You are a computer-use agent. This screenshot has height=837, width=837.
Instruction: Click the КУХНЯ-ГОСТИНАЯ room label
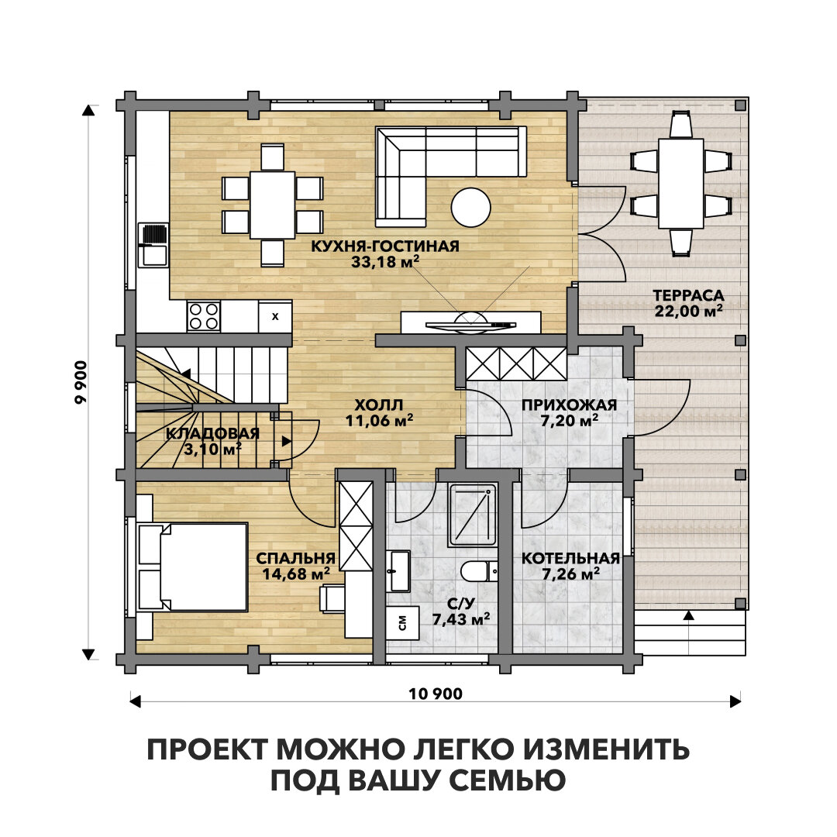click(385, 246)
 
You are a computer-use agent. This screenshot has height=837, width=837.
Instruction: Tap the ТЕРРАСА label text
click(689, 295)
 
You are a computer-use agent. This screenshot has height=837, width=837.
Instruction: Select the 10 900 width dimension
click(436, 694)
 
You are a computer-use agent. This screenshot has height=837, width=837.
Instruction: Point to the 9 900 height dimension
click(81, 383)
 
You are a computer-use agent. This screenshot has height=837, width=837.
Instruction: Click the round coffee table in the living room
click(471, 208)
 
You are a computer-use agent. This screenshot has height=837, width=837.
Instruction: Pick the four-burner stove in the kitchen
click(203, 316)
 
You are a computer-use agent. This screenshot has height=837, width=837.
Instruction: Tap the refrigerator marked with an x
click(275, 316)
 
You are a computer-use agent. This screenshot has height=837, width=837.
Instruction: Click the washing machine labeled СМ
click(402, 622)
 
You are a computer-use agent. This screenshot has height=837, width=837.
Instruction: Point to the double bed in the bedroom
click(193, 567)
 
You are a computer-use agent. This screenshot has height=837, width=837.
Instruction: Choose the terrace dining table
click(680, 183)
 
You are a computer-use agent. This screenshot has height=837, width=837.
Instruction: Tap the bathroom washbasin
click(399, 572)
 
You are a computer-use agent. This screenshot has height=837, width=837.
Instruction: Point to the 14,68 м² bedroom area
click(295, 574)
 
